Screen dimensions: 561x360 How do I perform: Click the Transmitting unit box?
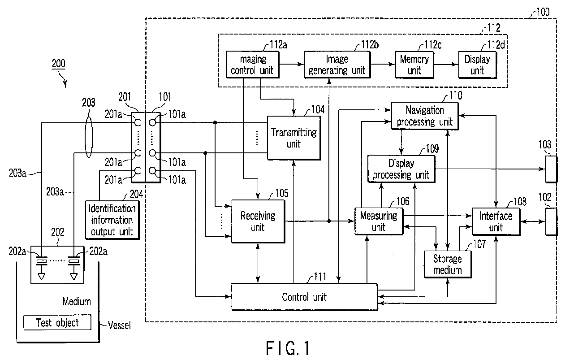pyautogui.click(x=294, y=138)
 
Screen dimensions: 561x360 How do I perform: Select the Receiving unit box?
pyautogui.click(x=258, y=221)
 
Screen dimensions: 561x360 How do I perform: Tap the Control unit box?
pyautogui.click(x=304, y=297)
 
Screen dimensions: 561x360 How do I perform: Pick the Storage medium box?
pyautogui.click(x=448, y=265)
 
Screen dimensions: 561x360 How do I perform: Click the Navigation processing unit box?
pyautogui.click(x=425, y=116)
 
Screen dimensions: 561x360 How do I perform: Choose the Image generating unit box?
pyautogui.click(x=337, y=65)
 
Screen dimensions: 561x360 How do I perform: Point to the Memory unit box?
pyautogui.click(x=414, y=65)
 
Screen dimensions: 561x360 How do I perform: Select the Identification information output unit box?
pyautogui.click(x=112, y=220)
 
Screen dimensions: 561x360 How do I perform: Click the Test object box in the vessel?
pyautogui.click(x=57, y=322)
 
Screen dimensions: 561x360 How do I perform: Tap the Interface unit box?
pyautogui.click(x=496, y=222)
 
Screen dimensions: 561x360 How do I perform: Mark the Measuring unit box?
pyautogui.click(x=379, y=221)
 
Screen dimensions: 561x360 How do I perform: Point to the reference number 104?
pyautogui.click(x=318, y=109)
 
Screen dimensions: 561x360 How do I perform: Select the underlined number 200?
pyautogui.click(x=59, y=64)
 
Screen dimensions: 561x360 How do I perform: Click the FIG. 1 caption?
pyautogui.click(x=288, y=348)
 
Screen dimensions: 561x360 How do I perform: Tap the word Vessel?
pyautogui.click(x=119, y=325)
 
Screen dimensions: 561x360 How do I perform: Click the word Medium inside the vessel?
pyautogui.click(x=77, y=301)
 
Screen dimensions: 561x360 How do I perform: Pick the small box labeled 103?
pyautogui.click(x=552, y=169)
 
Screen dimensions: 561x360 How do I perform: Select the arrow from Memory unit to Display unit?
pyautogui.click(x=446, y=65)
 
